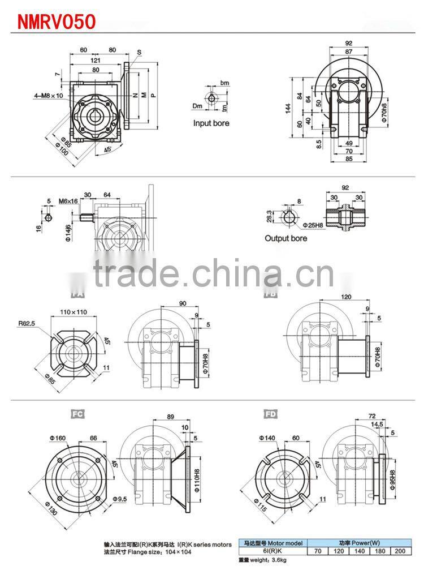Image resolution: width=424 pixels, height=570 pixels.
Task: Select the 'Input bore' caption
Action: (211, 123)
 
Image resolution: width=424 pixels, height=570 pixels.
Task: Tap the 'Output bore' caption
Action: (285, 238)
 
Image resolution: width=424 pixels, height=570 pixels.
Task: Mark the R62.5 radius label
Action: (27, 325)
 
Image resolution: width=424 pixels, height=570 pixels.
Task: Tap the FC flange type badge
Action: (77, 414)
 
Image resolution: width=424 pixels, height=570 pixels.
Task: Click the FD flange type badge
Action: (271, 414)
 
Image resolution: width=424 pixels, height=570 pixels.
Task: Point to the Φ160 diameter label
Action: (58, 438)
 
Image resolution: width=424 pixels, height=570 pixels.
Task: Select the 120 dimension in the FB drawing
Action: (347, 297)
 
